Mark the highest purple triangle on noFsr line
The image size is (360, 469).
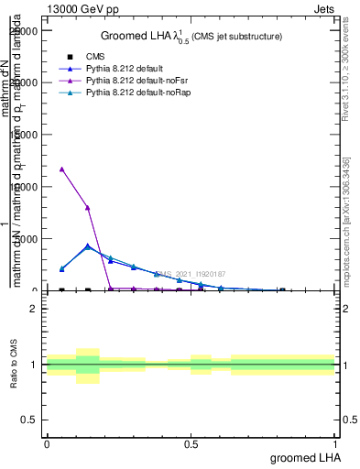coord(61,169)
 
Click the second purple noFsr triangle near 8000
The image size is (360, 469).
coord(87,208)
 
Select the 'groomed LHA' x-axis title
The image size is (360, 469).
coord(302,457)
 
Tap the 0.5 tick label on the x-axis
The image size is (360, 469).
coord(191,444)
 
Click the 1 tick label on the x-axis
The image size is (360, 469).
coord(334,444)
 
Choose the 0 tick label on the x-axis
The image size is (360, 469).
coord(47,444)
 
